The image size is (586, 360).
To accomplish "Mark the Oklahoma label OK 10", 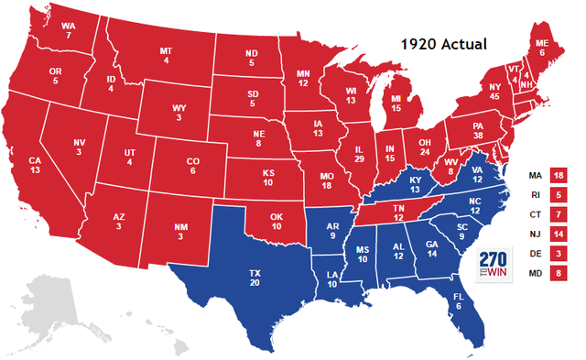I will [277, 221].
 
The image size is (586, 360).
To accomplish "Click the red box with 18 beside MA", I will [558, 175].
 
